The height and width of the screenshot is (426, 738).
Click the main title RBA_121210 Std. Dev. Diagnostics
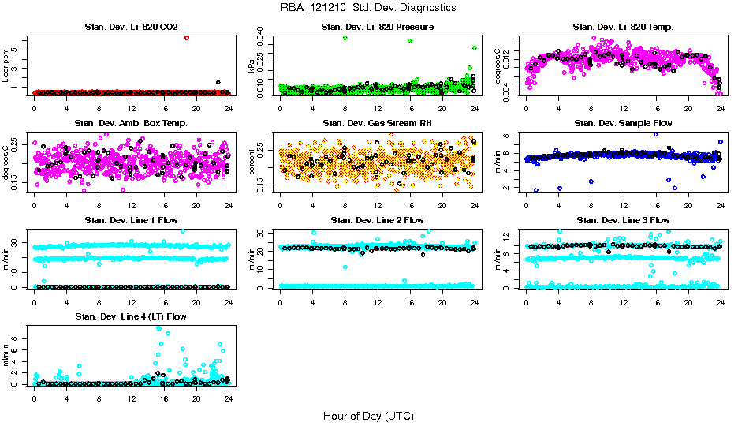tap(368, 8)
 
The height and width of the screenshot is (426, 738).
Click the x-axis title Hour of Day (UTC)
tap(368, 416)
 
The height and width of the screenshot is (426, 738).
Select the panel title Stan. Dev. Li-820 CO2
tap(131, 28)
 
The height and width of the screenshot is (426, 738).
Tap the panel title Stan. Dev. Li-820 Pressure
tap(377, 28)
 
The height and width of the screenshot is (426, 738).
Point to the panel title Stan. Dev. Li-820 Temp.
tap(623, 28)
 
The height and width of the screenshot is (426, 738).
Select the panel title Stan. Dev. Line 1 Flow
tap(131, 220)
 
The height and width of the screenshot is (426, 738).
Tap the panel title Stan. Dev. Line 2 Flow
tap(377, 220)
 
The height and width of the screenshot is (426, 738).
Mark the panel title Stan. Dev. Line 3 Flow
tap(623, 220)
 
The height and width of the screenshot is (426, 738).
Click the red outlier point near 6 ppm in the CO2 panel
tap(186, 37)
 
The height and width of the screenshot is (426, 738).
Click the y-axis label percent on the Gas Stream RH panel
tap(253, 163)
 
